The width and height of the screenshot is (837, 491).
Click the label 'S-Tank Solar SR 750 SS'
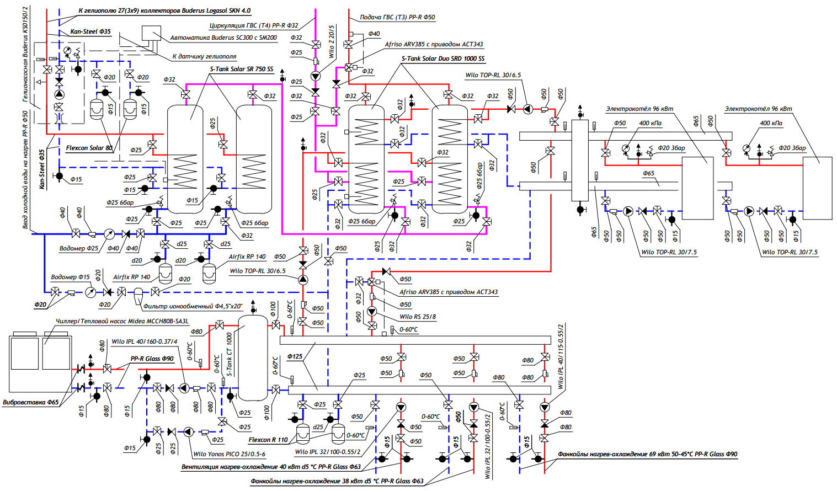click(241, 69)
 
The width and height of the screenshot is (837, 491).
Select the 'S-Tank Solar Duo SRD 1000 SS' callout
click(443, 58)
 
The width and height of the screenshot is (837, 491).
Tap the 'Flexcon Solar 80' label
click(89, 148)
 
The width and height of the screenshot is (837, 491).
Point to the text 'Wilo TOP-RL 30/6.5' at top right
click(493, 75)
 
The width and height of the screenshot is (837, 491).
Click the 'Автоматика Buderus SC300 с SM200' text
click(223, 38)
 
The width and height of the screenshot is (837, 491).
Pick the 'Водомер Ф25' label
click(78, 248)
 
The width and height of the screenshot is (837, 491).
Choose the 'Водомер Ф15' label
click(70, 277)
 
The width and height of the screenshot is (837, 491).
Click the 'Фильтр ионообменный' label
click(193, 306)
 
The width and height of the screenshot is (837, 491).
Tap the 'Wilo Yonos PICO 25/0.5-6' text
click(229, 454)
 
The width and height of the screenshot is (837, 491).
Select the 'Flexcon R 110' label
click(268, 440)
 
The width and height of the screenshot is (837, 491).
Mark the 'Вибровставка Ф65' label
click(31, 402)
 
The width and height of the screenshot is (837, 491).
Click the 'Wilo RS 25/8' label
click(418, 317)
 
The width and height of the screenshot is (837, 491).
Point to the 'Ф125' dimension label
click(295, 356)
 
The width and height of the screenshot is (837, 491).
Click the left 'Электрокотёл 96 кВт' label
click(639, 109)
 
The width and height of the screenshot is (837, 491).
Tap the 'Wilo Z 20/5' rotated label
click(332, 41)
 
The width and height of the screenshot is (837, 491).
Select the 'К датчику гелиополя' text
click(204, 56)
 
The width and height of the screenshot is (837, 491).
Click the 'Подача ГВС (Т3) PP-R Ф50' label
click(397, 17)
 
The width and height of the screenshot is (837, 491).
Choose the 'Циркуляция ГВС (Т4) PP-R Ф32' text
click(253, 25)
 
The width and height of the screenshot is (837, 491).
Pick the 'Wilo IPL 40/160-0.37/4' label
click(145, 341)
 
